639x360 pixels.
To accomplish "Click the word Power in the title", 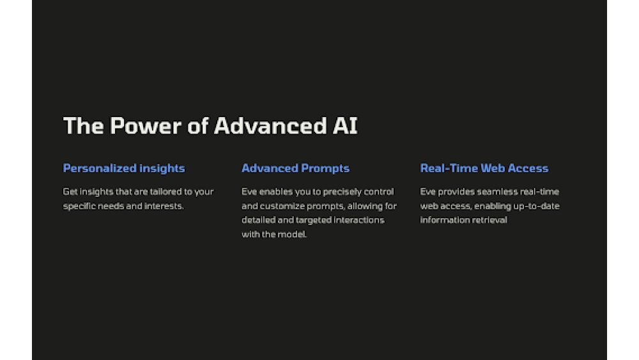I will coord(146,126).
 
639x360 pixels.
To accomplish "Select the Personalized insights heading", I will coord(124,168).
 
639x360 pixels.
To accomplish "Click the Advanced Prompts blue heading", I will coord(295,168).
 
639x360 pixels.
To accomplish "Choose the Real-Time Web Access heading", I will coord(484,168).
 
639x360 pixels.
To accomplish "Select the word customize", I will coord(284,206).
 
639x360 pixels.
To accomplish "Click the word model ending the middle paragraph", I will coord(293,234).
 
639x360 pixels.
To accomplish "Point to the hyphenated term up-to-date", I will coord(534,206).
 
